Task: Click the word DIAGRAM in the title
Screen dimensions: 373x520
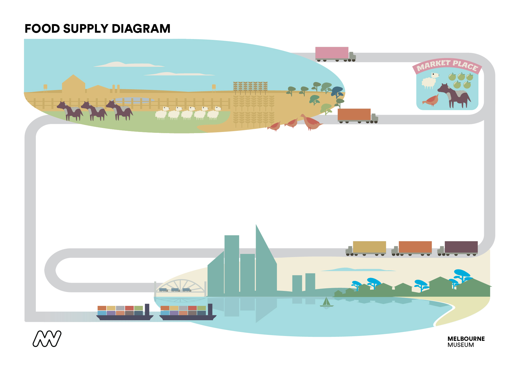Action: click(141, 29)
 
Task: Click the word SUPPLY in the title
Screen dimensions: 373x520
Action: click(86, 29)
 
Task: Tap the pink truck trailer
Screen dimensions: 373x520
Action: click(332, 53)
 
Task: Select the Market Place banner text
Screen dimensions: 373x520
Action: click(447, 66)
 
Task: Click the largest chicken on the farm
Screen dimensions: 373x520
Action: click(311, 123)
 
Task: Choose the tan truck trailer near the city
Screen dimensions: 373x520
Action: click(369, 247)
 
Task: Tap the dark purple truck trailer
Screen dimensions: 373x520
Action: click(461, 247)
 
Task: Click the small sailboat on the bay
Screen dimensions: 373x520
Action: click(327, 302)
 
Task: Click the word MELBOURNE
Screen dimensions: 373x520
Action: click(466, 339)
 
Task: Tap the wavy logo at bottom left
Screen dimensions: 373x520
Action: click(47, 339)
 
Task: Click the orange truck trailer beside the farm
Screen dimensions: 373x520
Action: click(354, 114)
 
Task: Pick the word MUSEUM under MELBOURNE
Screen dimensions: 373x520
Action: click(461, 345)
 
